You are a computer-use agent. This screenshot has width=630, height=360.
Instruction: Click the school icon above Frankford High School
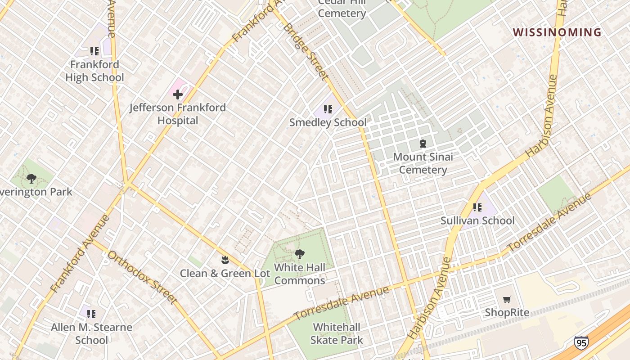[94, 51]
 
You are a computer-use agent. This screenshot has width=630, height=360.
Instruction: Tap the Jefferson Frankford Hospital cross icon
[178, 94]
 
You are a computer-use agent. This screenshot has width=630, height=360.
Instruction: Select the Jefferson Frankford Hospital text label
[178, 114]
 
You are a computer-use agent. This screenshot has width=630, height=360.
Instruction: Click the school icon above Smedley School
[328, 109]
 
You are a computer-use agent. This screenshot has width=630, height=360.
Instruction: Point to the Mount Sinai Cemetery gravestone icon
[423, 144]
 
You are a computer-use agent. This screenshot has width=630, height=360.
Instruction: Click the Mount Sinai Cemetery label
[423, 163]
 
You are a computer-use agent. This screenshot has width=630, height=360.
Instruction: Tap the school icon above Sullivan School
[477, 207]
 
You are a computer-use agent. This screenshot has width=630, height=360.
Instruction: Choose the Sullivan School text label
[477, 220]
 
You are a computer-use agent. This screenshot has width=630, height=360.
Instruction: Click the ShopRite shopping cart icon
[507, 300]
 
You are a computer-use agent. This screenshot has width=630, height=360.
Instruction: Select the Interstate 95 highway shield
[581, 343]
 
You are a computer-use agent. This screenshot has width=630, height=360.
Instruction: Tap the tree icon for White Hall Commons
[299, 255]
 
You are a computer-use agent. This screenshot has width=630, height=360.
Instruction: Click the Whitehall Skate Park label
[337, 333]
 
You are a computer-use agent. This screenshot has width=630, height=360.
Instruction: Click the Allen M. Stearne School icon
[91, 314]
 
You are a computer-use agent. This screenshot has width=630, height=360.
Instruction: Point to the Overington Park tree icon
[31, 179]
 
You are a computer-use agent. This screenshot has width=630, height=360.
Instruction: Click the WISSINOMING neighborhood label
[557, 32]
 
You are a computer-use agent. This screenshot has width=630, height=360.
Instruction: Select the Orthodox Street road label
[142, 277]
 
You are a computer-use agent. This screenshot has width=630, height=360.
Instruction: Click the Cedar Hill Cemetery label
[342, 8]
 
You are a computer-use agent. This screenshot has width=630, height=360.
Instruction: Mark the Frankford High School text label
[94, 71]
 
